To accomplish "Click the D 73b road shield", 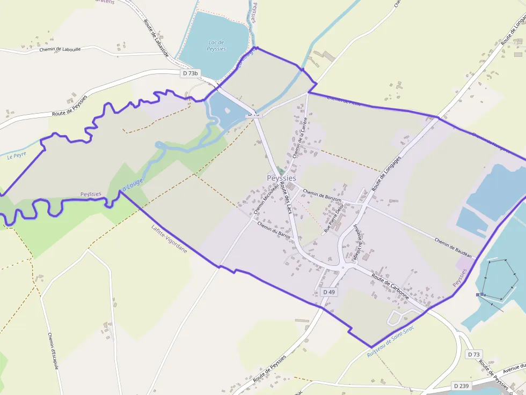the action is [190, 73].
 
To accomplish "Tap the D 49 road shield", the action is [328, 292].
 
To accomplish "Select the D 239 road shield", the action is [462, 386].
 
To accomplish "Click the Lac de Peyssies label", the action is [216, 46].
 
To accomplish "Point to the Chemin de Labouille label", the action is [60, 49].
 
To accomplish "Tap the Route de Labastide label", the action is [156, 38].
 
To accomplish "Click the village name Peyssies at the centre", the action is [281, 178].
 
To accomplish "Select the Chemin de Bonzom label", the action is [322, 193].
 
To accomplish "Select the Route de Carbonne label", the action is [391, 287].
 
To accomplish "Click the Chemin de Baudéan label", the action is [453, 248].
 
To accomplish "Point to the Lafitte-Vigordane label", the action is [170, 239].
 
